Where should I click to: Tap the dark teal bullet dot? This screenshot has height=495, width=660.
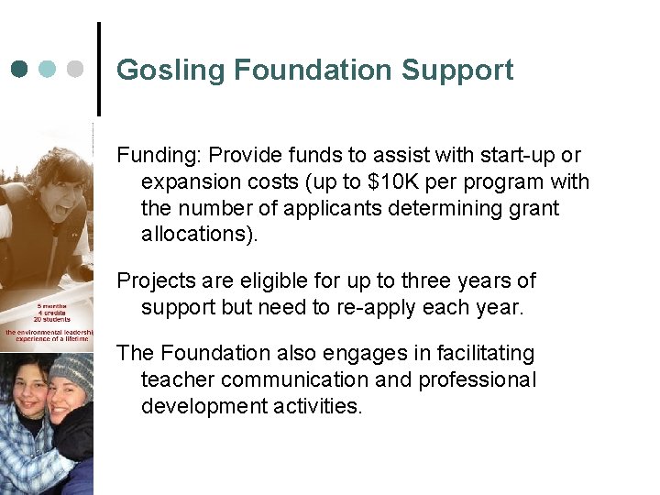[x=20, y=69]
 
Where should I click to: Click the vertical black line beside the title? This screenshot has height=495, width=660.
[x=98, y=69]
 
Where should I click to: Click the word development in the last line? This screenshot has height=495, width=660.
[x=203, y=406]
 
